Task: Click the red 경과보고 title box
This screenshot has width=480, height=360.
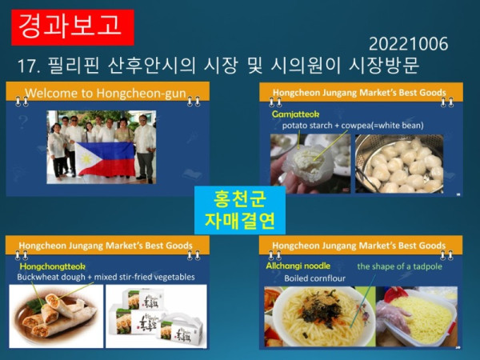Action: point(73,25)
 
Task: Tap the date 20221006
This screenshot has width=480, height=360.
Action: point(408,44)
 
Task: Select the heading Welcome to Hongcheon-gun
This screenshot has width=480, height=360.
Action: point(106,94)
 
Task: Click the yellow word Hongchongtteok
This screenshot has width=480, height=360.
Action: point(51,266)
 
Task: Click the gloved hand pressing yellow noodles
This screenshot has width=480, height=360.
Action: point(416,316)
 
